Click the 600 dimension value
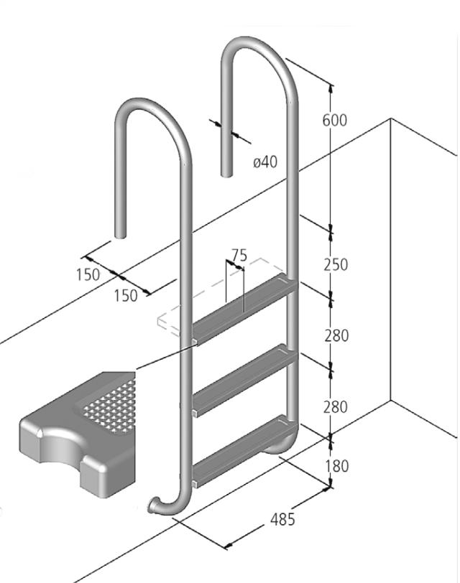point(334,120)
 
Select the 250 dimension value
point(335,264)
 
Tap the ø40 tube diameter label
point(264,162)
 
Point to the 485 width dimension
point(282,519)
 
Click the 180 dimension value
point(335,466)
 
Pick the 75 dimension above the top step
point(239,256)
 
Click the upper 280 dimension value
point(335,335)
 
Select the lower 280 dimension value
point(335,406)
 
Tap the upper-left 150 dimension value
point(88,274)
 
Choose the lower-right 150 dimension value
point(125,295)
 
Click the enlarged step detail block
point(79,438)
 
